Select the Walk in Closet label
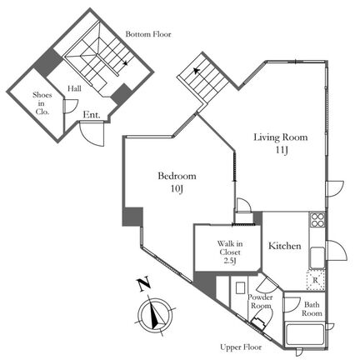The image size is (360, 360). [230, 252]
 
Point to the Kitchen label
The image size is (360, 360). [285, 246]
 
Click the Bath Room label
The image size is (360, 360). [312, 309]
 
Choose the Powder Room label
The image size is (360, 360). [260, 302]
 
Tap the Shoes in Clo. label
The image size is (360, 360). [42, 103]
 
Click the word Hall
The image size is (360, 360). [74, 88]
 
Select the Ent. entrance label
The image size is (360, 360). [92, 115]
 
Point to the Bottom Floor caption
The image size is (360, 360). [148, 34]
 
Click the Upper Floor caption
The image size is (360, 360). [241, 347]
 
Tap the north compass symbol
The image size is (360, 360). [154, 315]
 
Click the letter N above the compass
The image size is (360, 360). [144, 284]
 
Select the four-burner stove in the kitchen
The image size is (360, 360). [317, 220]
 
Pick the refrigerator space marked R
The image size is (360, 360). [315, 280]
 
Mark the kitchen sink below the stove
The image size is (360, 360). [317, 257]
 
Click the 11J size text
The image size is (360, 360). [282, 150]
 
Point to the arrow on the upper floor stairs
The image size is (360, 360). [197, 71]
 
